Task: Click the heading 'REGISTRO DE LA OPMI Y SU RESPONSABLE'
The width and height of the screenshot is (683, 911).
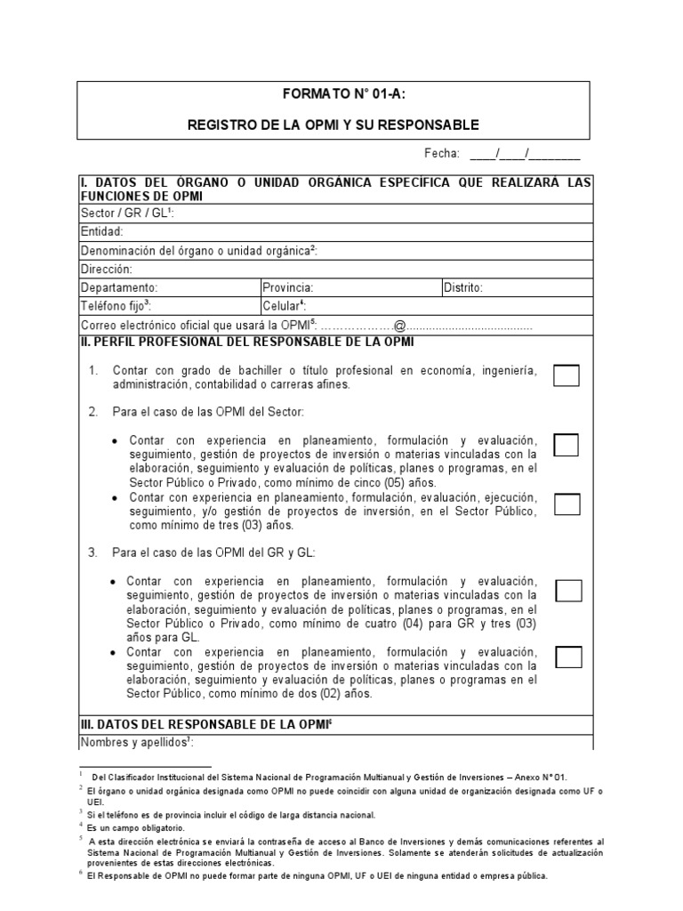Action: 333,125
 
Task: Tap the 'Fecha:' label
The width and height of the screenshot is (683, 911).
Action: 442,153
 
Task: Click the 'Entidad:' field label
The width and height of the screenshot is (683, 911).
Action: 102,231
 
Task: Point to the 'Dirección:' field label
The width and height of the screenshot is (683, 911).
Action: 106,269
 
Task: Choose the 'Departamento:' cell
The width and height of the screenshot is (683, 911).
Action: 119,287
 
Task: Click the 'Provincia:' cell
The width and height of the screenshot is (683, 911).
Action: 288,287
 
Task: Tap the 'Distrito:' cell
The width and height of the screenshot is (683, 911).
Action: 462,287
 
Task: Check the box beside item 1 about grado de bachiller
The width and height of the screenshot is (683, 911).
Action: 566,375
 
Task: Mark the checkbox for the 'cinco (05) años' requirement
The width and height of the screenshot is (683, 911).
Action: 566,445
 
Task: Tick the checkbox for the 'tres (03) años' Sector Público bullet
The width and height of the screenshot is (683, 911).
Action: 566,504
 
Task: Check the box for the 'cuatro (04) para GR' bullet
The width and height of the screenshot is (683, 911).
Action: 568,590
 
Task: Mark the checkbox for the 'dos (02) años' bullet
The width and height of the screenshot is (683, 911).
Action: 568,657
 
